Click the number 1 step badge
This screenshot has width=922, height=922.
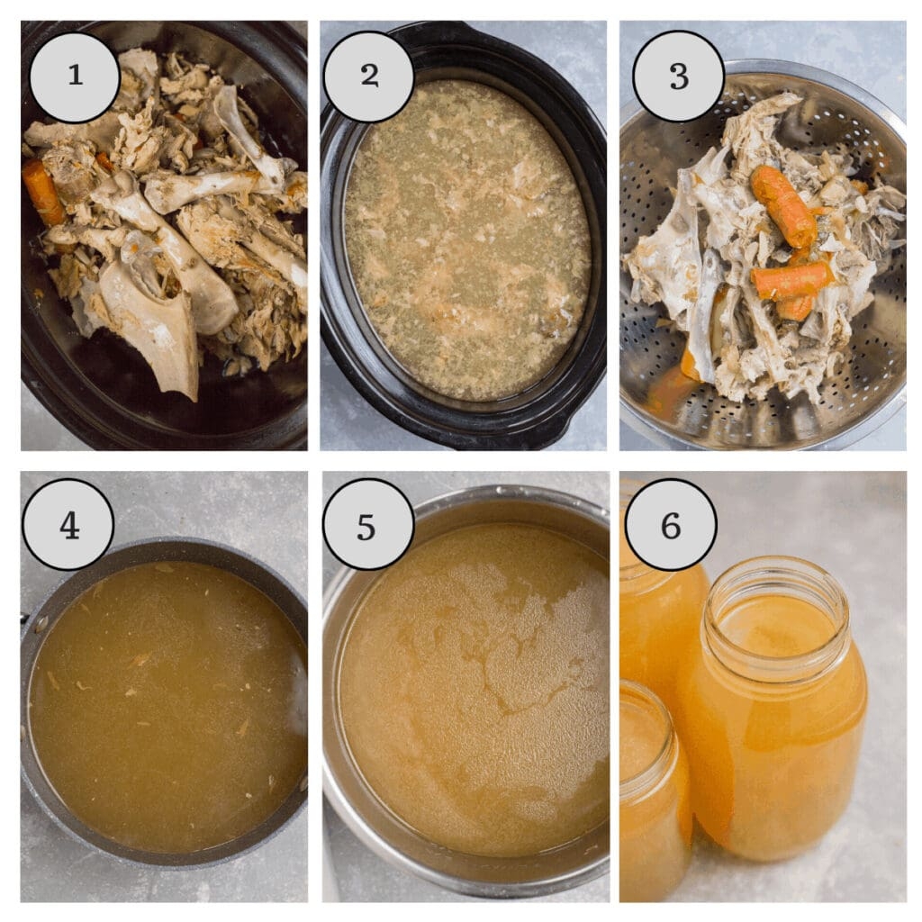[x=75, y=77]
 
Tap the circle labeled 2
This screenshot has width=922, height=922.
[x=368, y=77]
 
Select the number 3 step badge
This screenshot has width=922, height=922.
[x=678, y=77]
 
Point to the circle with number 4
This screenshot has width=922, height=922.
[x=68, y=524]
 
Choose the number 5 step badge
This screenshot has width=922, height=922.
[x=367, y=524]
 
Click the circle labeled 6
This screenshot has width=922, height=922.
[x=671, y=524]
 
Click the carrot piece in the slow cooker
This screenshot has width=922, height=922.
[x=42, y=191]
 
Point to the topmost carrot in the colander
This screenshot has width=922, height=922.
[x=782, y=206]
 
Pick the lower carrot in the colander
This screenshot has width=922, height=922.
[x=791, y=281]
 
